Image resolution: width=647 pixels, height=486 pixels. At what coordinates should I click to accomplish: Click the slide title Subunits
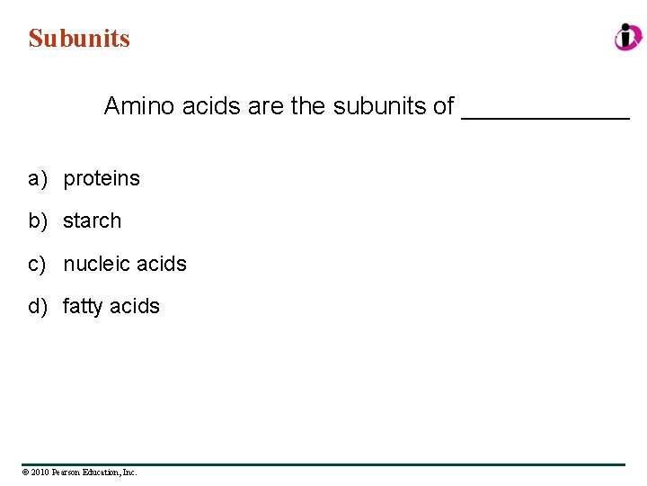pyautogui.click(x=79, y=39)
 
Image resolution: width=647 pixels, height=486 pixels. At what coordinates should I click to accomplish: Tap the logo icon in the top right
pyautogui.click(x=628, y=37)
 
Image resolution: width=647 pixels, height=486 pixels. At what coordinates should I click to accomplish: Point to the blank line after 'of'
pyautogui.click(x=545, y=115)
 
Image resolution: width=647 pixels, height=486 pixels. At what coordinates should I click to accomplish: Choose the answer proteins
pyautogui.click(x=102, y=179)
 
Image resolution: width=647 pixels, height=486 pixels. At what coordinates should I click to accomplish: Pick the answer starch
pyautogui.click(x=92, y=220)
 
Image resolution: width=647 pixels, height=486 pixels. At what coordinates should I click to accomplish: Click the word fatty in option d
pyautogui.click(x=83, y=307)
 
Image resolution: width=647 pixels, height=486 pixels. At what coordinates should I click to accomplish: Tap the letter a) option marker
pyautogui.click(x=37, y=179)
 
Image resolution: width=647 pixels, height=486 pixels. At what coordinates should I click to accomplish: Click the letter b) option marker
pyautogui.click(x=37, y=220)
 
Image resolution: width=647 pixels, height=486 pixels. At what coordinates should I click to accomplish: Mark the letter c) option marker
pyautogui.click(x=37, y=264)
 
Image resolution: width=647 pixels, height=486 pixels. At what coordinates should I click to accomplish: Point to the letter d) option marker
pyautogui.click(x=37, y=307)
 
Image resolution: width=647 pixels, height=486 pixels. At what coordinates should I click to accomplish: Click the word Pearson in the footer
pyautogui.click(x=66, y=472)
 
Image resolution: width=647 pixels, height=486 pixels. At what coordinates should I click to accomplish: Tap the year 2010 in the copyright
pyautogui.click(x=40, y=472)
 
